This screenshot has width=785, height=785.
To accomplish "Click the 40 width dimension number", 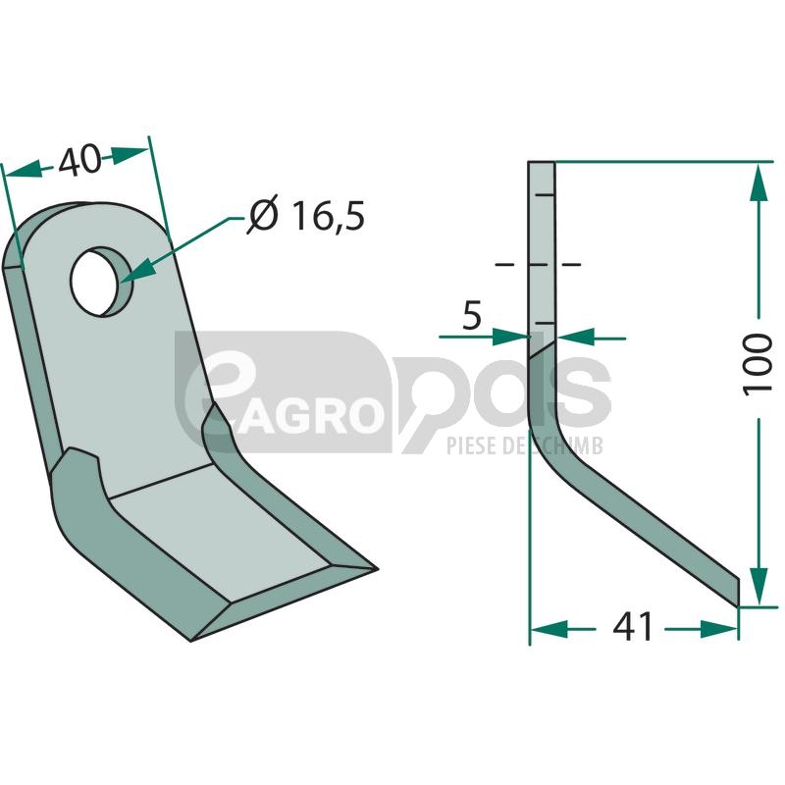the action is pyautogui.click(x=79, y=160).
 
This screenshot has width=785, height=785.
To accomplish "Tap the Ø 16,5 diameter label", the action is pyautogui.click(x=306, y=216).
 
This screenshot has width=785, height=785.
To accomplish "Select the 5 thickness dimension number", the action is pyautogui.click(x=472, y=315).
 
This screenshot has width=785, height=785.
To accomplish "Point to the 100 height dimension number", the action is pyautogui.click(x=757, y=364).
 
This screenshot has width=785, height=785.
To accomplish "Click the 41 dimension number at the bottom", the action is pyautogui.click(x=632, y=626).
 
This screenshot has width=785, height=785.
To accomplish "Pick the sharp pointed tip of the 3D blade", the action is pyautogui.click(x=377, y=568).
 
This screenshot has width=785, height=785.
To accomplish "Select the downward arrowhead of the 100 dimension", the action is pyautogui.click(x=759, y=586).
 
